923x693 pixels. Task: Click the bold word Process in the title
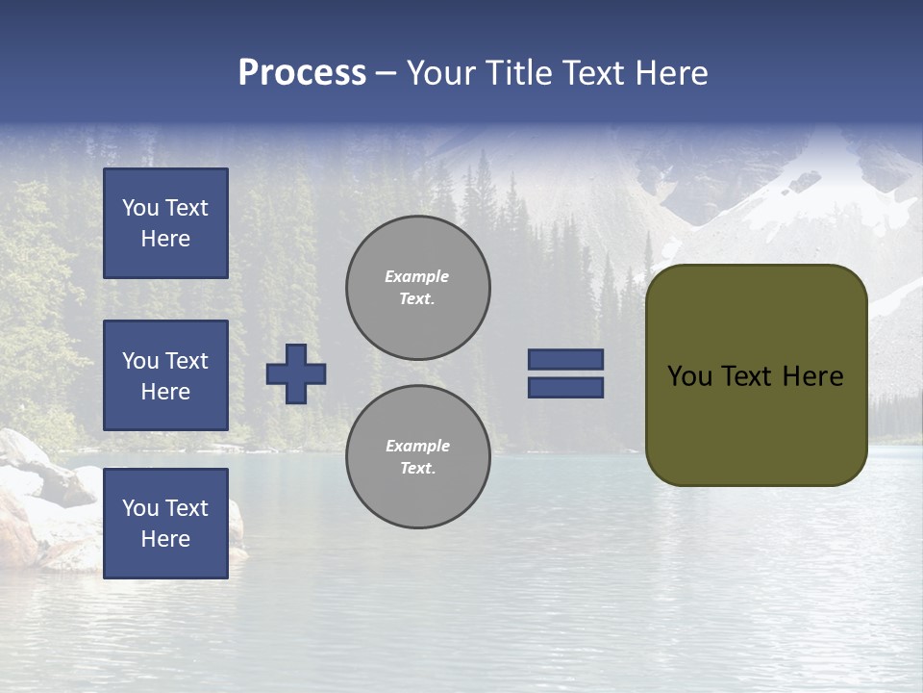[302, 73]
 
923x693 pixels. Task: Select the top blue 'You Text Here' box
[165, 223]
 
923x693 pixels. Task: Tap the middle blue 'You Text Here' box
[165, 375]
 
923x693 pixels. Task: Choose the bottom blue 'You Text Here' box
[165, 524]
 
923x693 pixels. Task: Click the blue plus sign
[296, 373]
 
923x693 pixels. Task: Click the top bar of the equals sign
[565, 359]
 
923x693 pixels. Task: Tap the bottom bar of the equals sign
[565, 388]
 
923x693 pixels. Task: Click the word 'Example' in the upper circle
[416, 276]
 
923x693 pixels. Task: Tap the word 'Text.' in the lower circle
[417, 468]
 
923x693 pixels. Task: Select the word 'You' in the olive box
[689, 376]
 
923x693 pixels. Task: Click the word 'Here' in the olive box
[812, 376]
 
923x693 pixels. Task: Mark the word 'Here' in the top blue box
[165, 239]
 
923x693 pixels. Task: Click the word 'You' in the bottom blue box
[140, 508]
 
